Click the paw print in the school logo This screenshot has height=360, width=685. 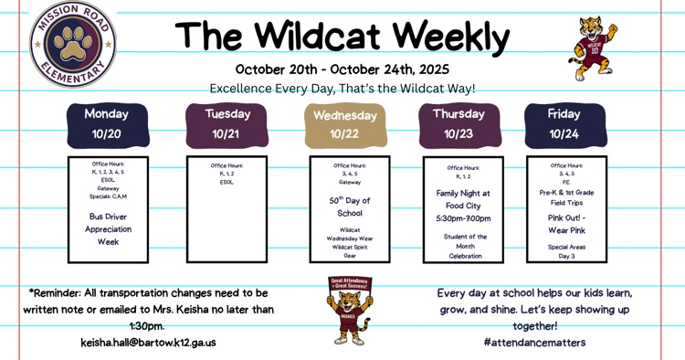[72, 42]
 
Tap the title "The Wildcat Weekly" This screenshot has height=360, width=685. [342, 36]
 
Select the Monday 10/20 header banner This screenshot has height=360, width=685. [106, 124]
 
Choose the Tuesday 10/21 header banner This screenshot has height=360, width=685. [226, 124]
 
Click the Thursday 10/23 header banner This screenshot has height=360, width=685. [458, 124]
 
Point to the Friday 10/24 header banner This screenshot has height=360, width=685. [564, 124]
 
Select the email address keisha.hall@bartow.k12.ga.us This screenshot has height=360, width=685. [148, 343]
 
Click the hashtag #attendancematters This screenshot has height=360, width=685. [535, 342]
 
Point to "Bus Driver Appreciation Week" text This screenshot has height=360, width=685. [109, 229]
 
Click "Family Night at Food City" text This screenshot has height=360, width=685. [462, 199]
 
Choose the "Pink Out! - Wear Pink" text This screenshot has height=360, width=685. [566, 224]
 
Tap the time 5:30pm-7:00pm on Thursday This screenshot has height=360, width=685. [462, 218]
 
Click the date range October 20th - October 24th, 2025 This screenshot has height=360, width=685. [342, 69]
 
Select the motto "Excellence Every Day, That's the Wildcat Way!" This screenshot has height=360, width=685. [342, 89]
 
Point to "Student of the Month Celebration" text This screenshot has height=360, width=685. [465, 246]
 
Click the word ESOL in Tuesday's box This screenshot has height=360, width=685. [227, 182]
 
